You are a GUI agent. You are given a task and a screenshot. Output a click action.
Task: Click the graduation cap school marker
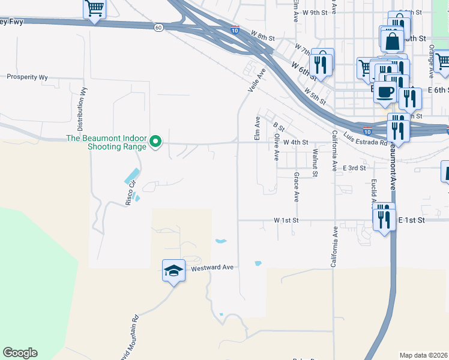tap(173, 271)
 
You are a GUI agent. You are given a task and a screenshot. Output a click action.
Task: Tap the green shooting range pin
tap(155, 142)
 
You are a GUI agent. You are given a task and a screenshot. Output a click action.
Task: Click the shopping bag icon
tap(392, 41)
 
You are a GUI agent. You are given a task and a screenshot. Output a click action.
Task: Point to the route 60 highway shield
tap(158, 28)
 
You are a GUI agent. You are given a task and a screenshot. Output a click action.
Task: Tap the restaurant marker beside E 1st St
tap(384, 217)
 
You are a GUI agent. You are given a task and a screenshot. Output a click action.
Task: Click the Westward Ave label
tap(211, 268)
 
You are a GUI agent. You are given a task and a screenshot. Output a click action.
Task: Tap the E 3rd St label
tap(354, 169)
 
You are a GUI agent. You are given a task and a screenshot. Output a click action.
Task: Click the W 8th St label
tap(262, 38)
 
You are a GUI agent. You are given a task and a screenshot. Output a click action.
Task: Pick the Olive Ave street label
tap(276, 146)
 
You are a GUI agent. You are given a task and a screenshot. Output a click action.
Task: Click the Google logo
tap(20, 353)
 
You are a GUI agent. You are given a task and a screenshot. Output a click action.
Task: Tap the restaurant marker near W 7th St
tap(322, 63)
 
